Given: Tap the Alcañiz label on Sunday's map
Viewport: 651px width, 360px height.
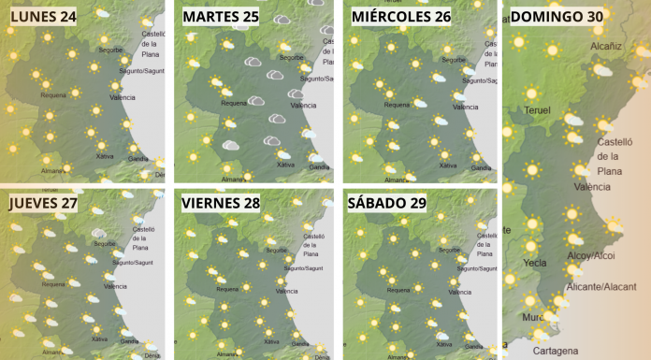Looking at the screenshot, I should (x=606, y=45).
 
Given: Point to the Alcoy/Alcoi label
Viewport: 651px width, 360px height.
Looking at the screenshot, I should (x=591, y=254).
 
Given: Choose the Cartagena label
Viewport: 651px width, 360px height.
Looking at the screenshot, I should (x=556, y=351).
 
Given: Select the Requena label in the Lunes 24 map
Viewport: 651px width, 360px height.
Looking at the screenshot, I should (x=55, y=94).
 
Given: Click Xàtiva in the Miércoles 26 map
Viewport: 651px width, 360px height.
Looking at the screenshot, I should (x=450, y=166).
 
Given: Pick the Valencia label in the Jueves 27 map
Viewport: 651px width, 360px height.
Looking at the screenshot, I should (x=115, y=286).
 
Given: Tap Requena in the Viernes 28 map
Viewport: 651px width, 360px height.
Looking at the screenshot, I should (x=228, y=289).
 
